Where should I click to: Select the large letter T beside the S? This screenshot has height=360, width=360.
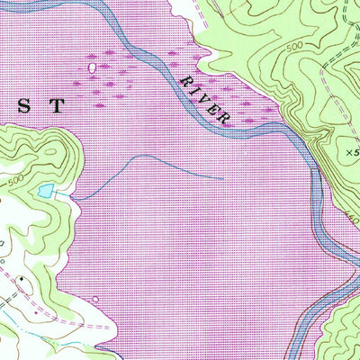coord(57,105)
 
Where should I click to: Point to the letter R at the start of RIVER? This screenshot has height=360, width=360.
coord(186,81)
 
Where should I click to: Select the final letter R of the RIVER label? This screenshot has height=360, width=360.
coord(229,117)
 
